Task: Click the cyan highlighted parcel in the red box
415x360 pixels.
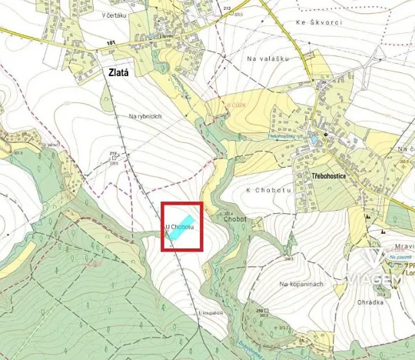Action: pos(182,233)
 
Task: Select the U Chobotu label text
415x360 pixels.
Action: pos(181,227)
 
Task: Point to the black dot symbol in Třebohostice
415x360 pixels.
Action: pos(326,135)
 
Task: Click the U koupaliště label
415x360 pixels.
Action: pos(210,313)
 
